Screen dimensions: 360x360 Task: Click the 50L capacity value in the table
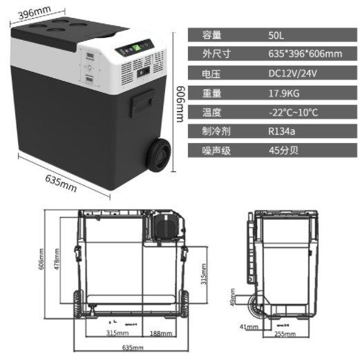click(276, 35)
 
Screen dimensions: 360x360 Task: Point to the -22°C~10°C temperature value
click(293, 111)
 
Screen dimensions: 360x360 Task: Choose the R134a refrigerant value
click(282, 131)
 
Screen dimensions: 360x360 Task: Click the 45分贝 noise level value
click(281, 149)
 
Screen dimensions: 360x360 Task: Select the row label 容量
click(211, 35)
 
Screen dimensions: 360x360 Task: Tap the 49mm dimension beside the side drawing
click(234, 300)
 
